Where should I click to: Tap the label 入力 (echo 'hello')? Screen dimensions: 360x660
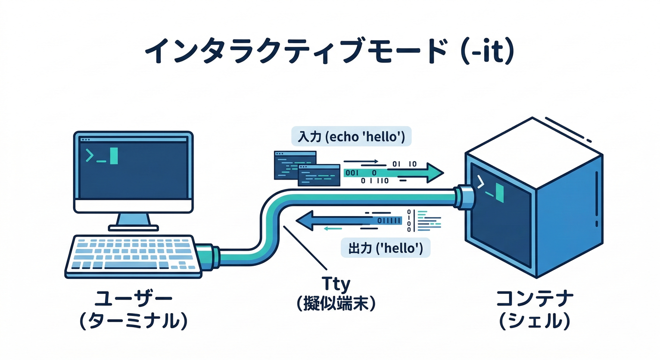click(x=351, y=136)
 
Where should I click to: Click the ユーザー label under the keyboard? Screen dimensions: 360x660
click(x=134, y=299)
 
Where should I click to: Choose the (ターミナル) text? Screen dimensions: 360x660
click(x=134, y=321)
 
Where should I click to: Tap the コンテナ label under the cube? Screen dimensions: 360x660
click(x=534, y=299)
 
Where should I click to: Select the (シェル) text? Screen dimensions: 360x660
click(x=534, y=321)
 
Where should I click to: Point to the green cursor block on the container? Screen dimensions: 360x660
click(x=500, y=194)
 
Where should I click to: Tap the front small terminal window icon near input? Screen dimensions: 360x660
click(x=319, y=175)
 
